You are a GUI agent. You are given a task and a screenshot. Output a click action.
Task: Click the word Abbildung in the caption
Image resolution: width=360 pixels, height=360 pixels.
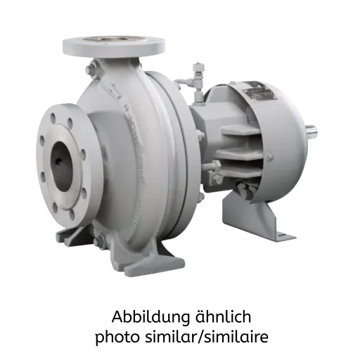[150, 317]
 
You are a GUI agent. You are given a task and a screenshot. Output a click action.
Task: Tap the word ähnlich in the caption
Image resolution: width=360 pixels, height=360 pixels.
[223, 316]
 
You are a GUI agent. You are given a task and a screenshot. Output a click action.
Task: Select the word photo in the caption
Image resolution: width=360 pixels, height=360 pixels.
[117, 337]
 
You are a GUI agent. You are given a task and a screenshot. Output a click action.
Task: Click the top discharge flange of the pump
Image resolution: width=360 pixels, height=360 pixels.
[114, 47]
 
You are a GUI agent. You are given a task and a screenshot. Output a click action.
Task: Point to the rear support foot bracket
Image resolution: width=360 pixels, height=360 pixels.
[255, 217]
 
